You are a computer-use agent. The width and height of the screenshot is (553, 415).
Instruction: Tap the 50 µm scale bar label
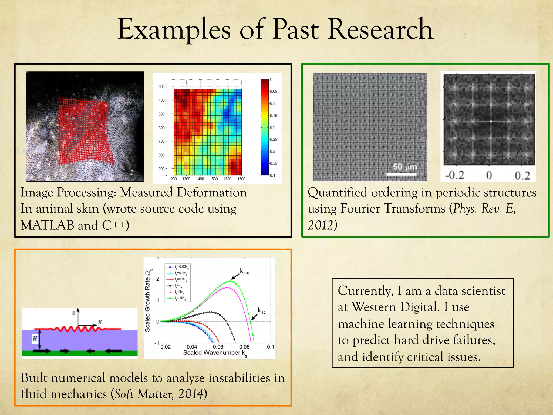click(x=404, y=167)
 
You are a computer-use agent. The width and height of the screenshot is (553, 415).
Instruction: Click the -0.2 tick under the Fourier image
click(x=454, y=176)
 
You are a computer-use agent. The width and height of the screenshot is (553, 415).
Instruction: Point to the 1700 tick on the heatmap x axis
click(x=241, y=179)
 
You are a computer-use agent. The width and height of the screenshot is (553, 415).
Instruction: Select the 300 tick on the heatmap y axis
click(x=161, y=87)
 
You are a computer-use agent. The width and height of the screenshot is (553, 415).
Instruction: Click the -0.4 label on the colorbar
click(x=272, y=175)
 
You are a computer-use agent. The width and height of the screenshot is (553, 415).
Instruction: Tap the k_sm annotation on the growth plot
click(x=245, y=272)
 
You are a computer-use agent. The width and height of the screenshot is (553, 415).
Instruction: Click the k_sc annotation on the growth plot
click(x=262, y=311)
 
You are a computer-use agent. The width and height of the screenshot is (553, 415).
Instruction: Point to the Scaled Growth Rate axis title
click(x=148, y=300)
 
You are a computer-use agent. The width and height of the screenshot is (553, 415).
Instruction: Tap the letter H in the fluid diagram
click(x=35, y=339)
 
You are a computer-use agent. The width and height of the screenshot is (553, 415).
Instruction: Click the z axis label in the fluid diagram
click(x=73, y=313)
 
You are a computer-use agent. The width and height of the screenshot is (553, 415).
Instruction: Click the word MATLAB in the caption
click(x=47, y=225)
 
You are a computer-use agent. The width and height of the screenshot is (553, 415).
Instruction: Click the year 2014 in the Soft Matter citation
click(x=190, y=394)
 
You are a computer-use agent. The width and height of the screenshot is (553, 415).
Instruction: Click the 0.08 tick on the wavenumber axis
click(x=244, y=347)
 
